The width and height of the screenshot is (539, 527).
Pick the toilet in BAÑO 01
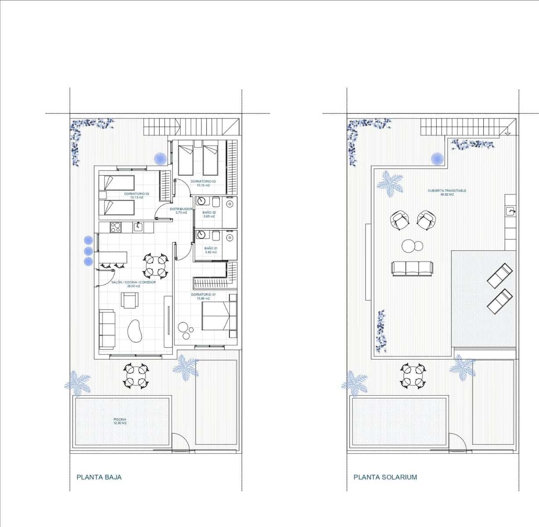216,236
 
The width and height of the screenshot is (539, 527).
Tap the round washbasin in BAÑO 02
201,202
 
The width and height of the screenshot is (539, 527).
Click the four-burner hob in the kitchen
115,227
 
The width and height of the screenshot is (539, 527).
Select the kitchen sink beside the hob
138,227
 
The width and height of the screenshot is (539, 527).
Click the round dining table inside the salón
156,266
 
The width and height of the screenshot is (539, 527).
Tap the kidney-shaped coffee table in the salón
135,330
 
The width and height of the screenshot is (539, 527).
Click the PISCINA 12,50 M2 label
120,421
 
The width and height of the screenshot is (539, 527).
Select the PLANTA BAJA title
99,477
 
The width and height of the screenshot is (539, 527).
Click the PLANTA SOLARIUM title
385,477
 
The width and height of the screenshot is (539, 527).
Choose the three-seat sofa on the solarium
412,268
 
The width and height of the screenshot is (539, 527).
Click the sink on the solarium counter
511,212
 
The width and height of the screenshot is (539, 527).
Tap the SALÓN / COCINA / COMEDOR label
133,284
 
